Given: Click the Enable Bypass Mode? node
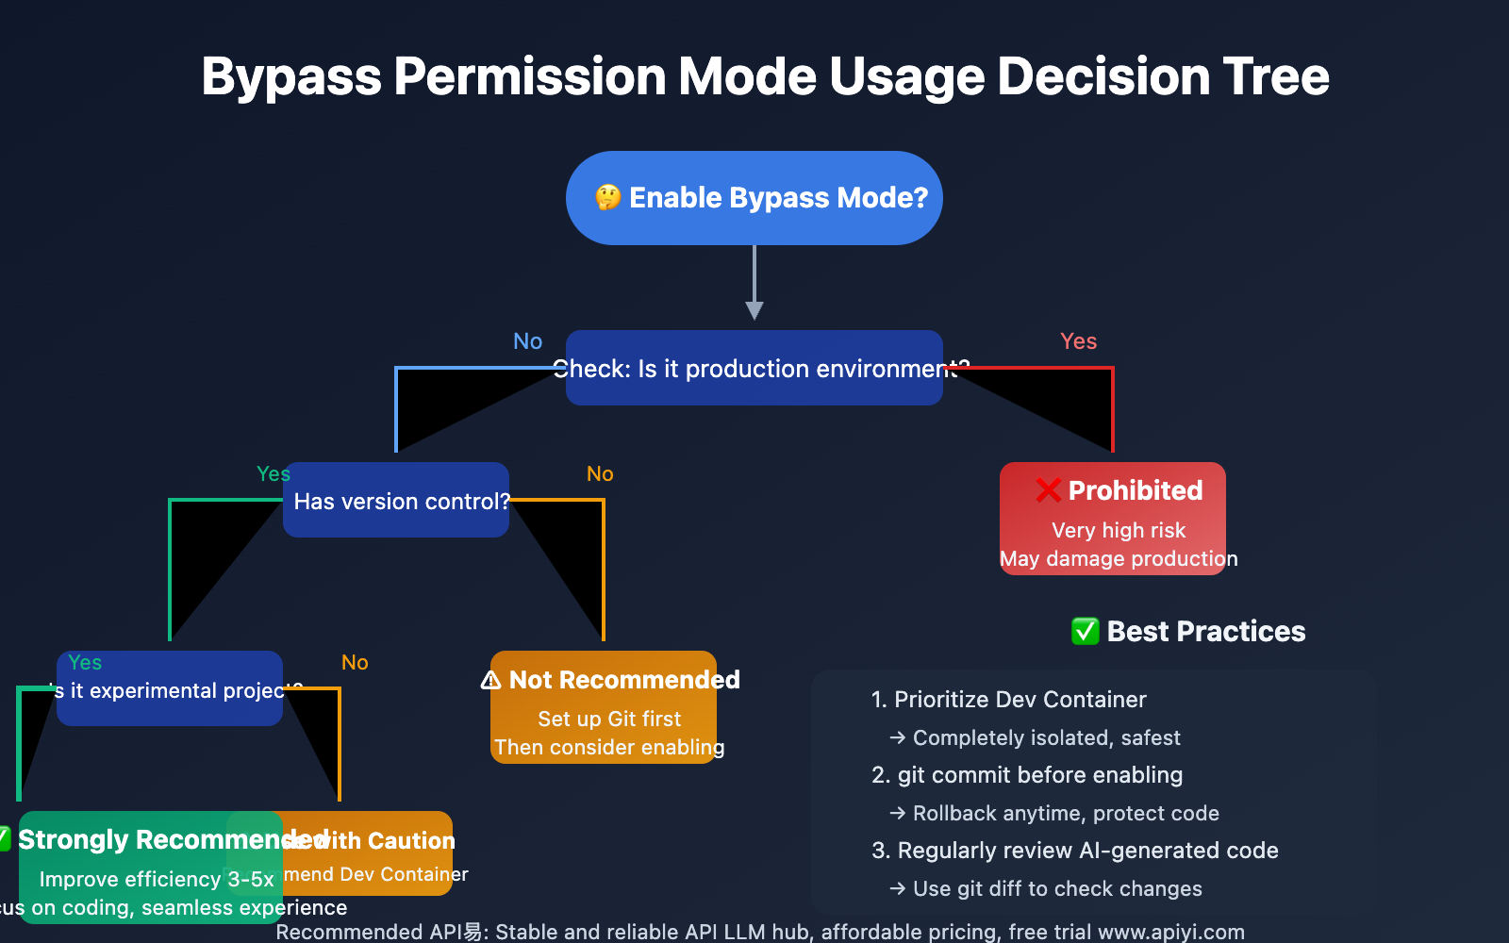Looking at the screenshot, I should pyautogui.click(x=754, y=198).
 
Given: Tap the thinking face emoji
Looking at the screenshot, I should pyautogui.click(x=608, y=198).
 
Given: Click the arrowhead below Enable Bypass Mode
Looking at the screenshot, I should pyautogui.click(x=754, y=310).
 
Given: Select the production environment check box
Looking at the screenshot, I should pyautogui.click(x=754, y=369).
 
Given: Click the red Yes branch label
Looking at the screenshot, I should pyautogui.click(x=1078, y=341).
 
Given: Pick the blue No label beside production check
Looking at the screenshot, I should pyautogui.click(x=527, y=341).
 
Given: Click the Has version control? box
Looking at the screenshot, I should pyautogui.click(x=396, y=501).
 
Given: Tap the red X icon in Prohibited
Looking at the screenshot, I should pyautogui.click(x=1049, y=490).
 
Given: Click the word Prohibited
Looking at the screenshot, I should pyautogui.click(x=1136, y=490).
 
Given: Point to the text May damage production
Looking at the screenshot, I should pyautogui.click(x=1119, y=559).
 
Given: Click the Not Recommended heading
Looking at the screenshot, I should pyautogui.click(x=623, y=680).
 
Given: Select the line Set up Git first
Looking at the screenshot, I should pyautogui.click(x=609, y=720).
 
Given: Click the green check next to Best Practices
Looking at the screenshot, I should pyautogui.click(x=1086, y=631).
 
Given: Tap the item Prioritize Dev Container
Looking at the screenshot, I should pyautogui.click(x=1009, y=700).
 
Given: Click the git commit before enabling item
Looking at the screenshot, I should pyautogui.click(x=1027, y=775).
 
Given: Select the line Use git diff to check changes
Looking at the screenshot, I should pyautogui.click(x=1047, y=889).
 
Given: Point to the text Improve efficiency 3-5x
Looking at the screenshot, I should pyautogui.click(x=157, y=880).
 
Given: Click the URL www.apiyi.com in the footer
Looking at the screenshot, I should pyautogui.click(x=1171, y=932).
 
